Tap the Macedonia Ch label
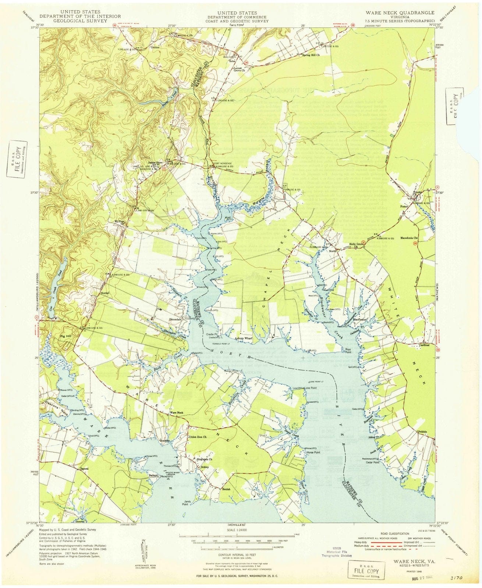pos(410,238)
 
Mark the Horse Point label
pos(313,452)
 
